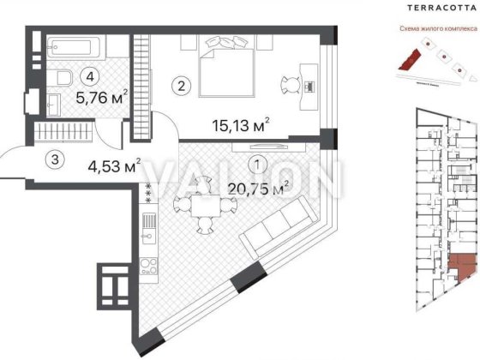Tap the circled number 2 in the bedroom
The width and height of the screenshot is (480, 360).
click(180, 85)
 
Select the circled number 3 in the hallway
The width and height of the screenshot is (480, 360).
click(54, 159)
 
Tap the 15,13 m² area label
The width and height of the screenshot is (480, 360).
click(241, 126)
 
